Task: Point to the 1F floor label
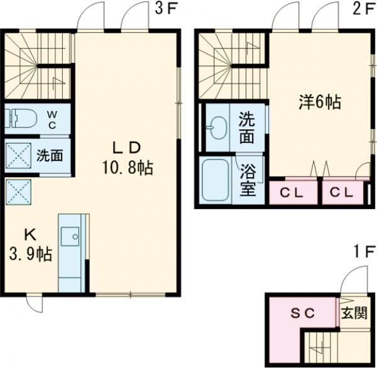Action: (364, 254)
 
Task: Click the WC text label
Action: (53, 119)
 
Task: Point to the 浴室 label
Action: (248, 179)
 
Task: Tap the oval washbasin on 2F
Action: (217, 129)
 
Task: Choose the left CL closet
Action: (292, 192)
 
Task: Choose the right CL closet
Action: (343, 192)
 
